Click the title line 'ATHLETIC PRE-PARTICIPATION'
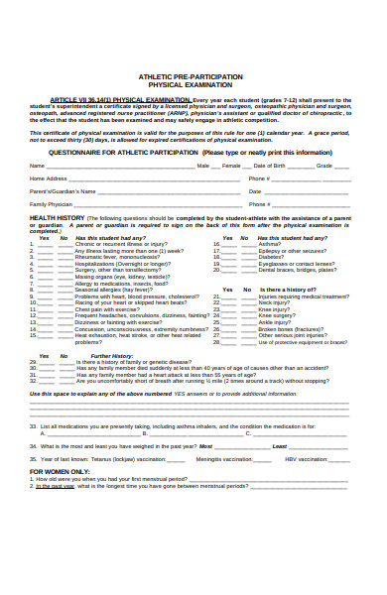click(194, 75)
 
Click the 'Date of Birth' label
click(273, 166)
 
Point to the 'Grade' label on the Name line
click(324, 166)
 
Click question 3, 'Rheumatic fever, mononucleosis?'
click(118, 257)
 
